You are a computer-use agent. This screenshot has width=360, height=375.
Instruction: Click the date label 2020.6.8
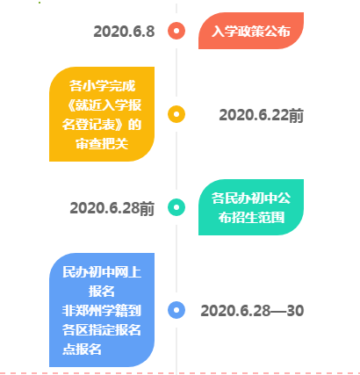tap(124, 32)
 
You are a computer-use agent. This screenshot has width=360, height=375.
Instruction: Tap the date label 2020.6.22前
tap(262, 115)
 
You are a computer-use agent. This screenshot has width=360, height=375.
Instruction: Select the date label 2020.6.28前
tap(112, 208)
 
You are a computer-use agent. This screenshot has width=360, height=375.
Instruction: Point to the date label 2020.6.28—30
tap(252, 311)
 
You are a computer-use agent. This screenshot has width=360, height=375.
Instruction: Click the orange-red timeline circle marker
tap(176, 31)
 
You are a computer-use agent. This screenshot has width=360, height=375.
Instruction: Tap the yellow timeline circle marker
tap(176, 114)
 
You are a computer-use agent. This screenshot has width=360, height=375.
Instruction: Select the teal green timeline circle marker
tap(176, 207)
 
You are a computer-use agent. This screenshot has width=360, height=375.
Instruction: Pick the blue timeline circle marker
tap(176, 310)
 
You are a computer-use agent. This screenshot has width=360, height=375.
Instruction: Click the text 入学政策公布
tap(251, 31)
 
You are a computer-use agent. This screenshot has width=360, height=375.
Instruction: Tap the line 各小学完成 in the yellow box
tap(102, 86)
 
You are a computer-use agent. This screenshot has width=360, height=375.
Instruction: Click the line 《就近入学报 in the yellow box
tap(102, 105)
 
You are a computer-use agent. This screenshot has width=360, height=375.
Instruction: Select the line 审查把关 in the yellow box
tap(102, 144)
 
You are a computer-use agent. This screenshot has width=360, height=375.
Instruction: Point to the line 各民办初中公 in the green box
tap(251, 198)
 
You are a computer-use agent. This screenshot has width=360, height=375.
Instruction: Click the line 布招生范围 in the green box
tap(251, 218)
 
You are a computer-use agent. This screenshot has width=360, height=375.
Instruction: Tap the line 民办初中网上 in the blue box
tap(102, 272)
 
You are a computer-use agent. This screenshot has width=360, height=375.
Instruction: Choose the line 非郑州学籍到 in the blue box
tap(102, 311)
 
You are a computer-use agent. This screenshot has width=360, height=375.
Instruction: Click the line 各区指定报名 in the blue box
tap(102, 330)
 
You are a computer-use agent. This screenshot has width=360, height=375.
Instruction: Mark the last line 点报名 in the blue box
tap(83, 350)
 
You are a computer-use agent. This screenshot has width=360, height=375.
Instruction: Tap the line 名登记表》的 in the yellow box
tap(102, 125)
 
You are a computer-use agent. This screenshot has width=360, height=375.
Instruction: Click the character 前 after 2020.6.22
tap(296, 115)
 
